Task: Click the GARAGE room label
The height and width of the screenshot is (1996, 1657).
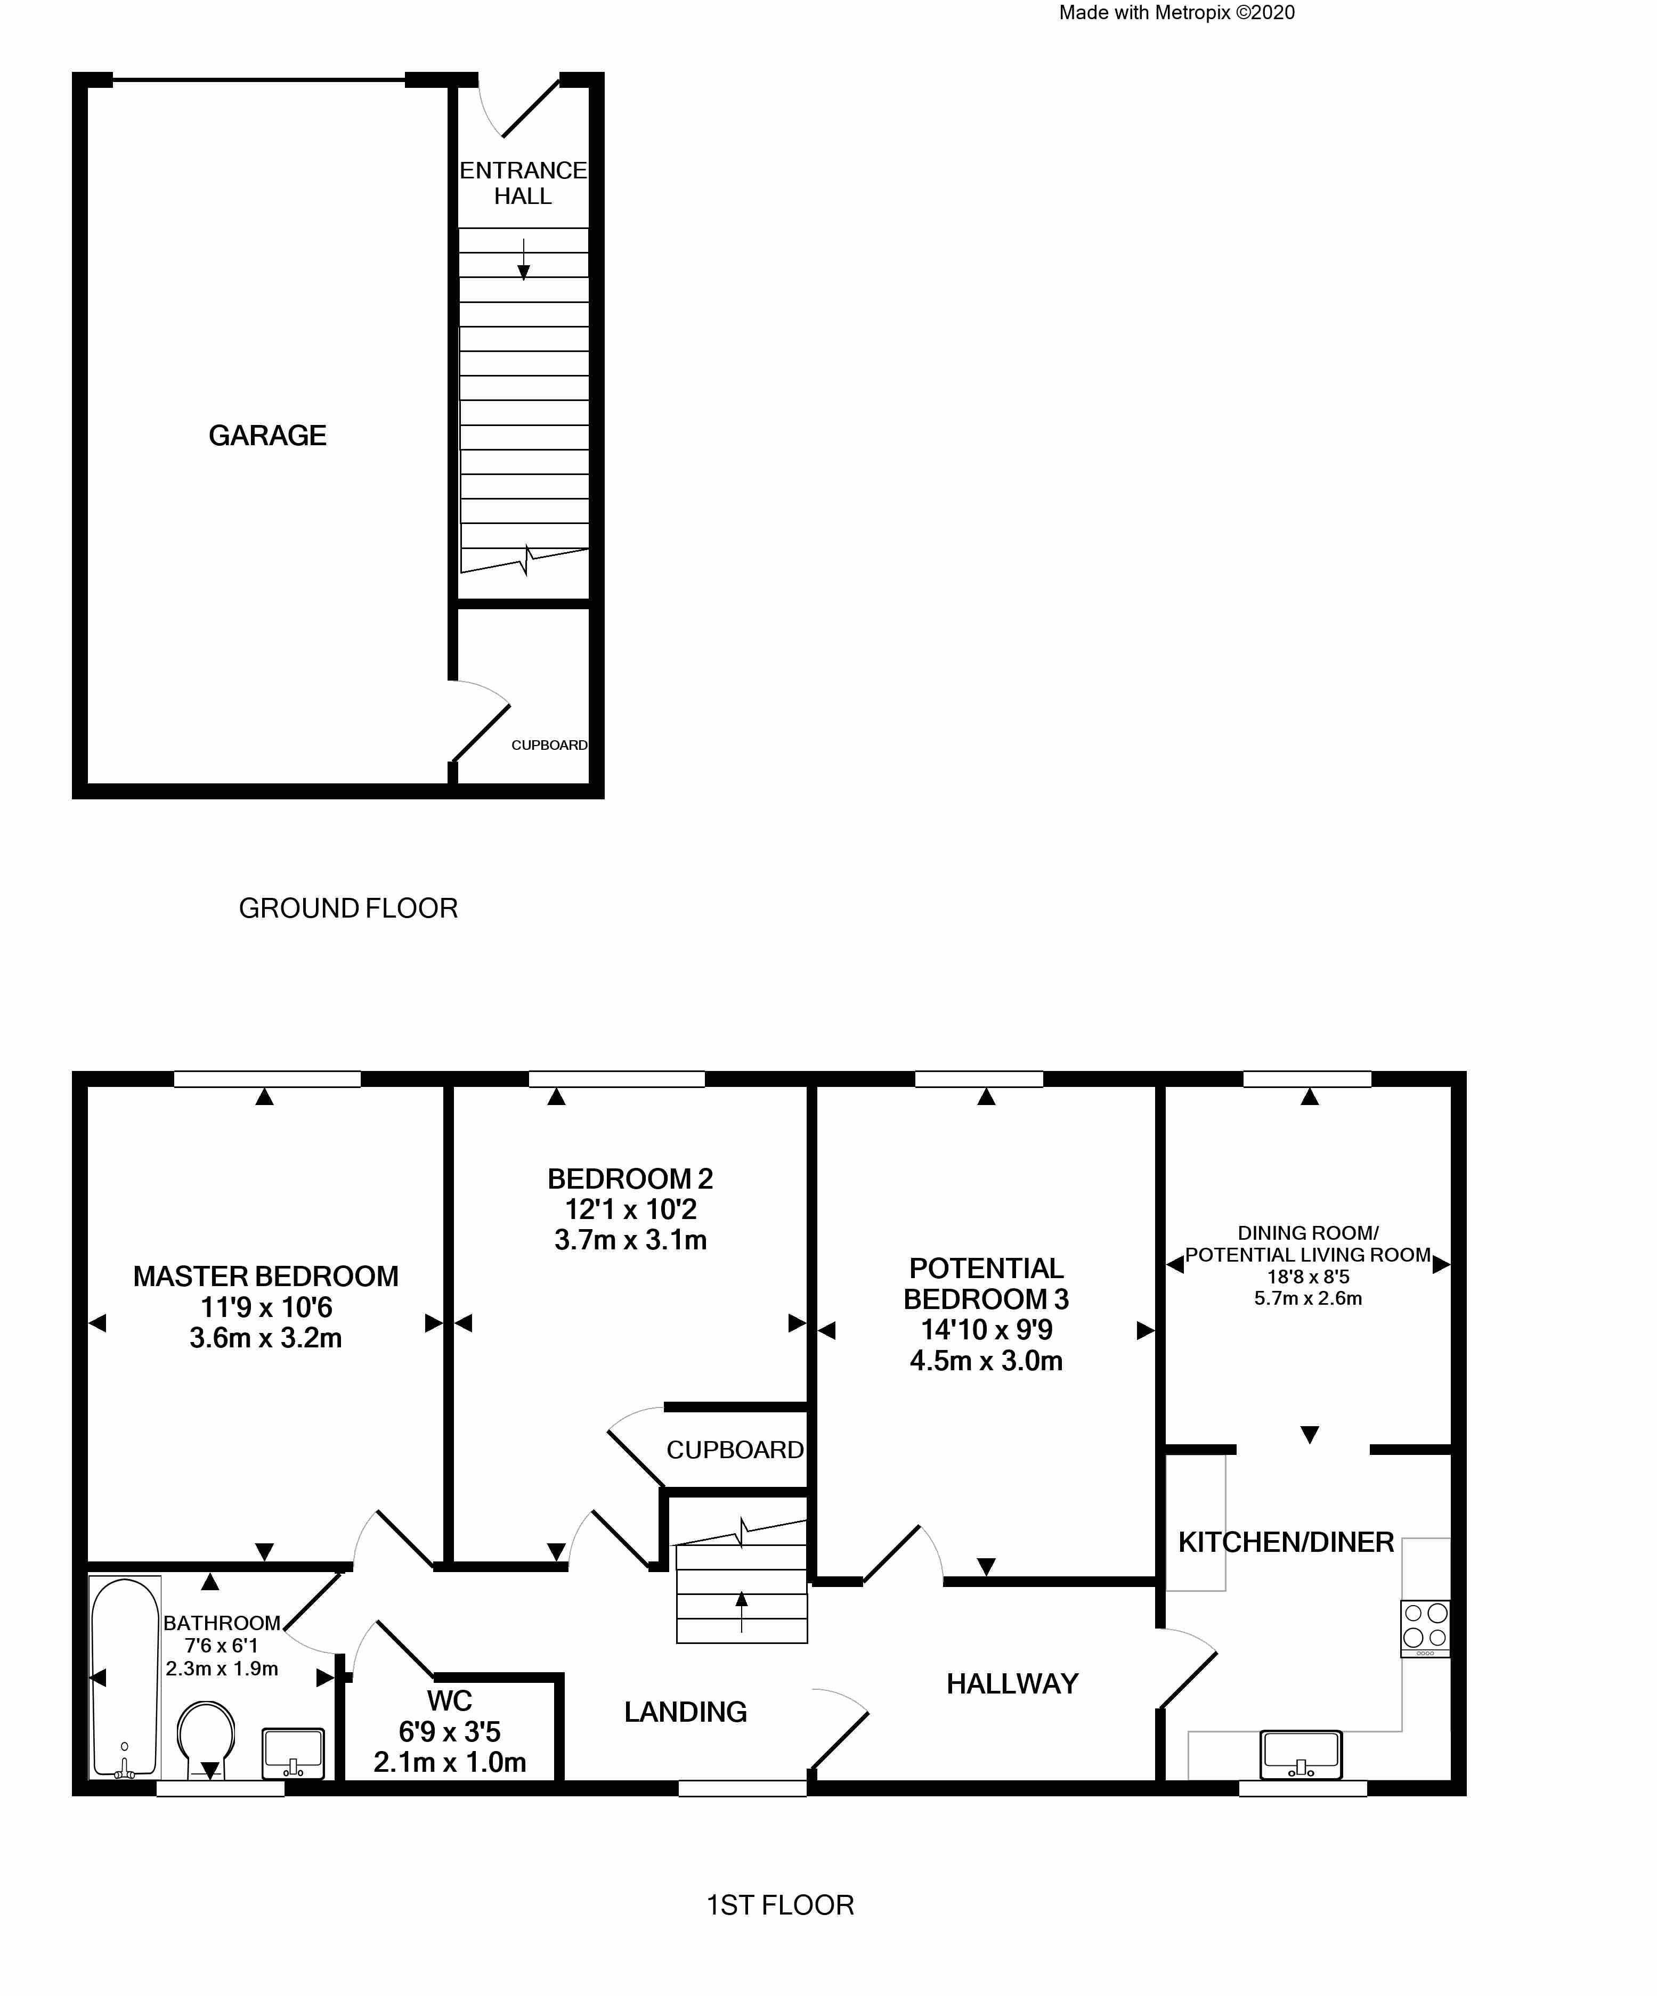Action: [267, 435]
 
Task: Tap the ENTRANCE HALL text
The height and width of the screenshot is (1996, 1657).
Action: [523, 183]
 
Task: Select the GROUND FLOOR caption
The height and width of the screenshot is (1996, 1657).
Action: [348, 909]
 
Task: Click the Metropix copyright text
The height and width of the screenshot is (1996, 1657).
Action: [1177, 12]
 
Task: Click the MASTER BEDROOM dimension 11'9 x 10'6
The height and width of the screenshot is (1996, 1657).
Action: [266, 1307]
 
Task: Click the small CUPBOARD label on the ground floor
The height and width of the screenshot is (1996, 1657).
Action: [549, 745]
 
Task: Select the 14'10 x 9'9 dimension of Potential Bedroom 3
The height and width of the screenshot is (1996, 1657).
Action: [987, 1330]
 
